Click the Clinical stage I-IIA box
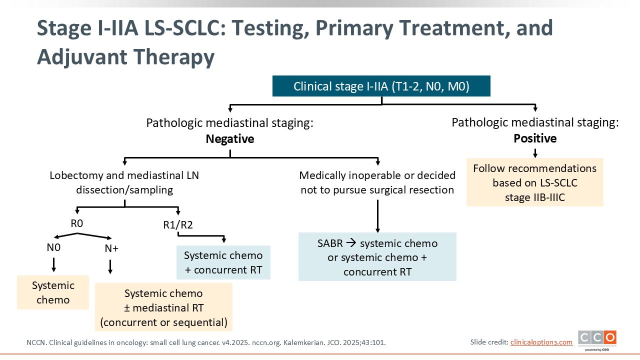click(381, 86)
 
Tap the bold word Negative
click(230, 139)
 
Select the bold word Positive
click(535, 138)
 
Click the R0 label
click(77, 223)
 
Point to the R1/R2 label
click(178, 225)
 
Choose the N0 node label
click(53, 247)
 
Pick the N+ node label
click(111, 248)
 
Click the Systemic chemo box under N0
click(53, 292)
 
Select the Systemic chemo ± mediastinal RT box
click(163, 307)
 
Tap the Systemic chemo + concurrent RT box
click(223, 262)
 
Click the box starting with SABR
click(377, 257)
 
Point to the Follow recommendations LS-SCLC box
click(535, 182)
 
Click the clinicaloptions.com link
click(541, 342)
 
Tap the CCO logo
click(597, 340)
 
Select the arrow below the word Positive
click(535, 153)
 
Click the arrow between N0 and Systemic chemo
click(53, 264)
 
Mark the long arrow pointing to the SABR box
click(377, 216)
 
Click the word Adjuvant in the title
click(82, 56)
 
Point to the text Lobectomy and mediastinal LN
click(124, 175)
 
